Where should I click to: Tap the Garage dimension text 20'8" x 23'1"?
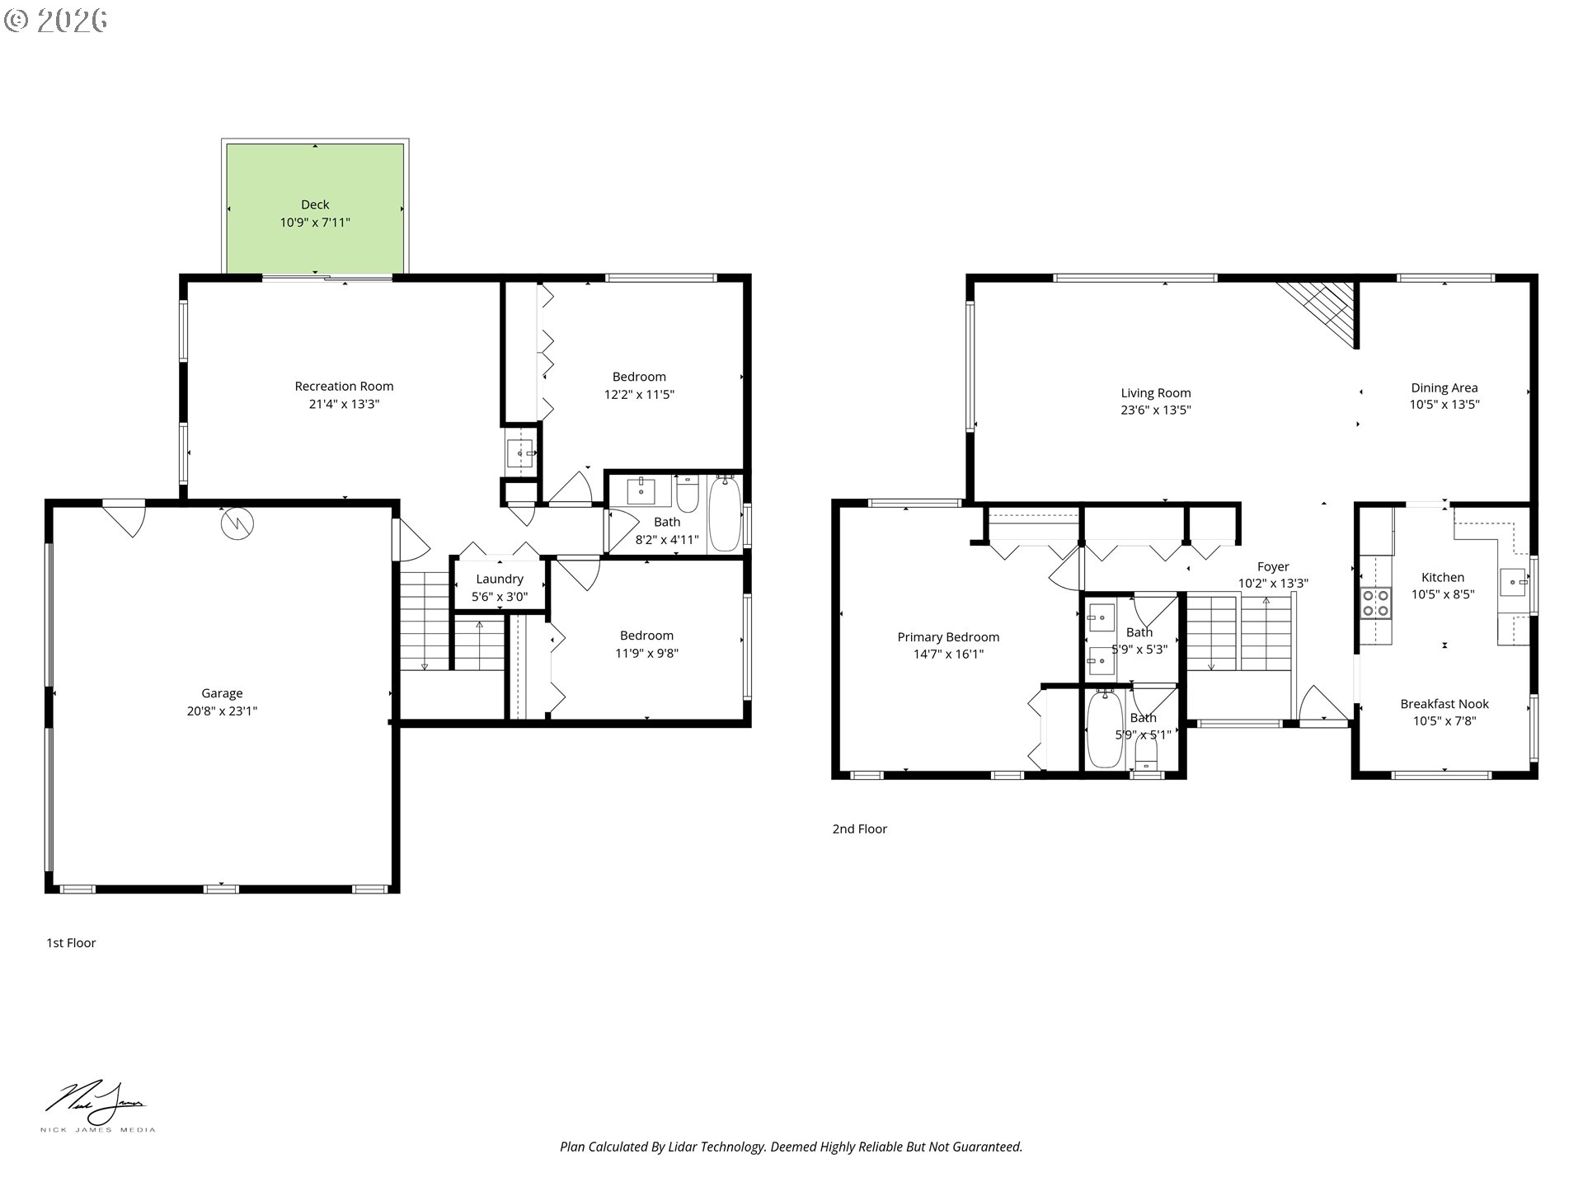coord(222,711)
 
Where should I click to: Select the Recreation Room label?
coord(344,386)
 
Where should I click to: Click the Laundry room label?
coord(499,579)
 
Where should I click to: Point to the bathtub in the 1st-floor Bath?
coord(725,513)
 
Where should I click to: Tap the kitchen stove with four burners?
coord(1374,603)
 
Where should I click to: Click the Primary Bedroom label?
coord(948,637)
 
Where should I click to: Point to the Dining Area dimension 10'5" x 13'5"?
coord(1444,405)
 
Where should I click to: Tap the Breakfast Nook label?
coord(1444,704)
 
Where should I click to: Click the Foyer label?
coord(1273,567)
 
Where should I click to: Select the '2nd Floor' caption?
coord(859,829)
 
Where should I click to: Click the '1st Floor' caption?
coord(71,943)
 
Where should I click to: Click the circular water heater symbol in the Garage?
coord(237,522)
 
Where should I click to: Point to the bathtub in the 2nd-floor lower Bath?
coord(1104,730)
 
